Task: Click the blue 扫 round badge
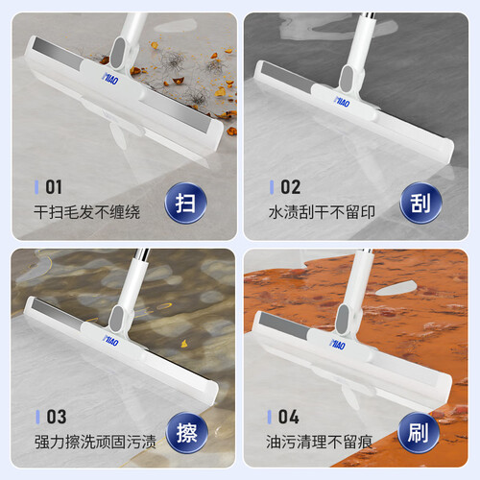[x=185, y=203]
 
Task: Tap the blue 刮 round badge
[x=420, y=203]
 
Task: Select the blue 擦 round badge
[x=187, y=433]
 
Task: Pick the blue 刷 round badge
[x=419, y=433]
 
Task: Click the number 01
[x=54, y=187]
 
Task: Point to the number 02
[x=291, y=187]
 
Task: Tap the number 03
[x=57, y=417]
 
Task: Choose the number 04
[x=289, y=417]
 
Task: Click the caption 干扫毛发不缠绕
[x=87, y=212]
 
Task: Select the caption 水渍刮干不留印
[x=322, y=212]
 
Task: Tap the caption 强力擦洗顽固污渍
[x=95, y=442]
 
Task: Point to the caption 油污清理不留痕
[x=320, y=442]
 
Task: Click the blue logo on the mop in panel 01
[x=110, y=79]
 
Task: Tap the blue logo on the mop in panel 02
[x=342, y=102]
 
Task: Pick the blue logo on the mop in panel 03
[x=110, y=340]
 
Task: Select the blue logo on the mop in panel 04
[x=338, y=344]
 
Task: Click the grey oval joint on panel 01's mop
[x=118, y=53]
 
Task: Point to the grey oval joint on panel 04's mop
[x=343, y=320]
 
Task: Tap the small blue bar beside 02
[x=272, y=187]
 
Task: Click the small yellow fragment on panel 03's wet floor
[x=184, y=344]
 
